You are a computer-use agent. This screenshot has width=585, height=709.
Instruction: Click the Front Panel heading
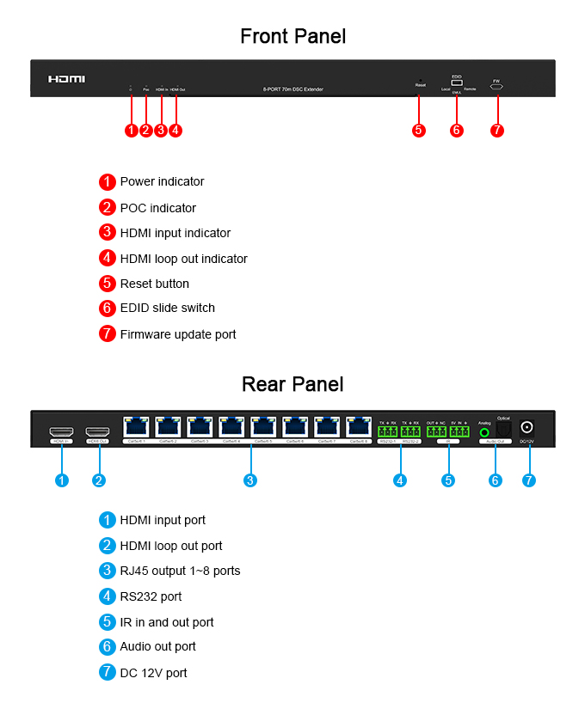292,36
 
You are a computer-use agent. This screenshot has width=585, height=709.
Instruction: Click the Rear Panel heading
292,383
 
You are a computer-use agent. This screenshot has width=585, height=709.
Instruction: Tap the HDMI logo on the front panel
66,79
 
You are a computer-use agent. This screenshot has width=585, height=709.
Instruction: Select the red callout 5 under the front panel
419,131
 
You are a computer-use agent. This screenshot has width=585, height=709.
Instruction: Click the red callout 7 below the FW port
496,131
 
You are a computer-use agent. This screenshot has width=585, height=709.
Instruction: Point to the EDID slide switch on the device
457,83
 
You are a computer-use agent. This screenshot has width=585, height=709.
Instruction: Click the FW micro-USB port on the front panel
496,87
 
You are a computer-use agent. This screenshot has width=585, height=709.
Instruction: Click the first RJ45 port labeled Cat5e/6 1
137,426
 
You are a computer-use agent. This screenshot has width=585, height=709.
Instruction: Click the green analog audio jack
484,431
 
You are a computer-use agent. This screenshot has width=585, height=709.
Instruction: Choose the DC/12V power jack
527,427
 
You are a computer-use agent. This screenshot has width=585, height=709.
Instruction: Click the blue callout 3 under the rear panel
249,480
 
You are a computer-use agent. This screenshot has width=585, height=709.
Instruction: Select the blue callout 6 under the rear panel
495,480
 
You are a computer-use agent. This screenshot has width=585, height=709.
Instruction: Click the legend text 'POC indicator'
157,208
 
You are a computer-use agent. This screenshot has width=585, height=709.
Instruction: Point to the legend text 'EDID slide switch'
167,308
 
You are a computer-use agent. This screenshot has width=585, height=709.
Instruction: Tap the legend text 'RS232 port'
151,596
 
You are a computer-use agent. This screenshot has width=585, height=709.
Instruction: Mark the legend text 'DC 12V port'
153,672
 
